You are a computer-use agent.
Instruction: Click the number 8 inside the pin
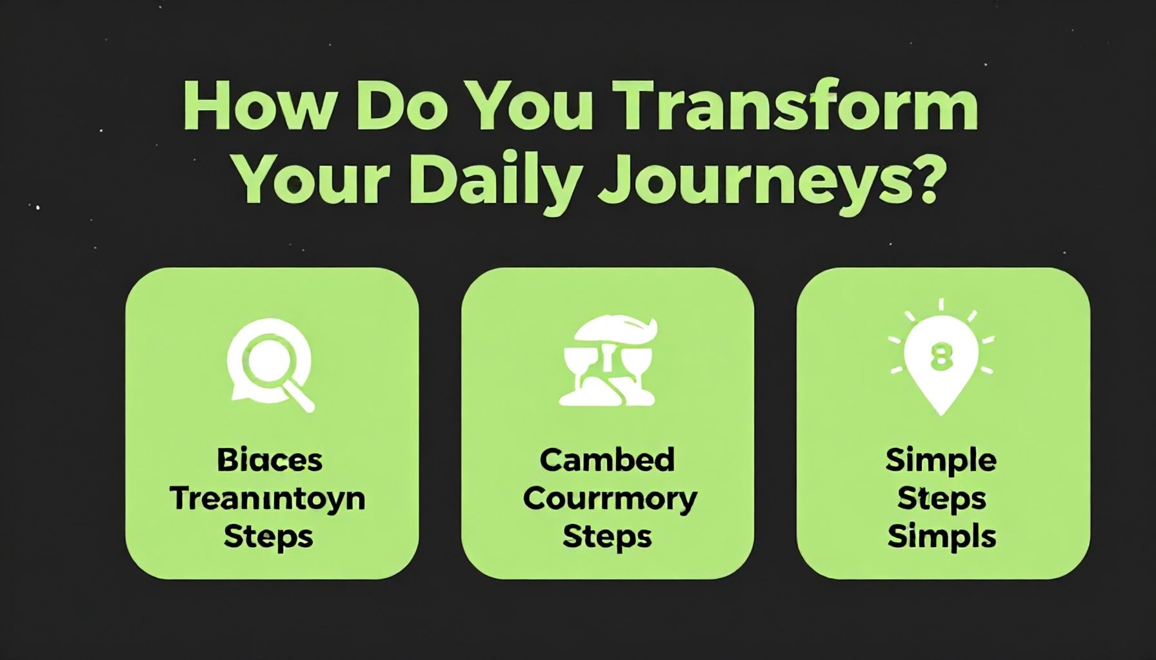942,356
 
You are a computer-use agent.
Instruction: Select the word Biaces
270,460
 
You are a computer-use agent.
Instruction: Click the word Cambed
607,460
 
